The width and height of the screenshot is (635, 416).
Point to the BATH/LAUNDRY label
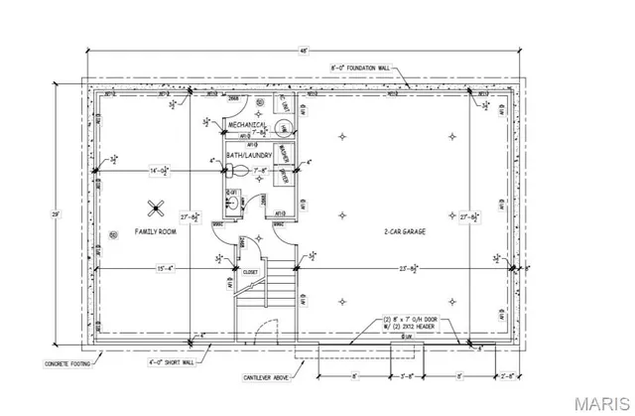tap(249, 156)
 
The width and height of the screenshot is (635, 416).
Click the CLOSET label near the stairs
tap(250, 270)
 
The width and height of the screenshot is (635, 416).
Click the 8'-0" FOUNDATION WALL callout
tap(359, 68)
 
